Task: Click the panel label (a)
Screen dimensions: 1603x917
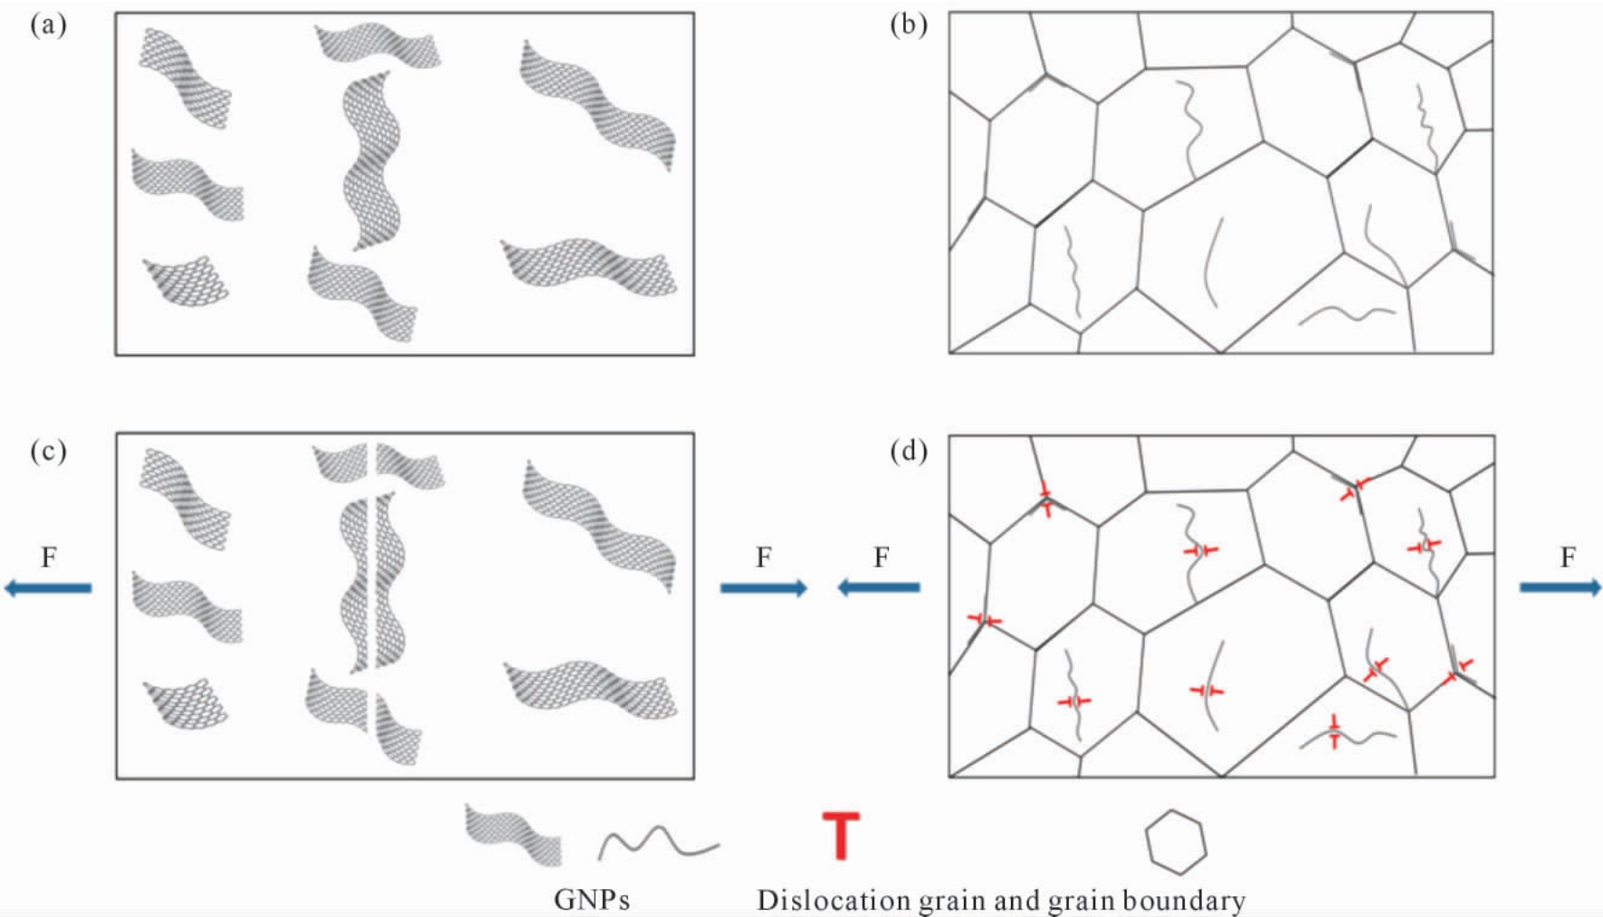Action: click(x=48, y=25)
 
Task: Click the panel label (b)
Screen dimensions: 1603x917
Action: click(x=909, y=25)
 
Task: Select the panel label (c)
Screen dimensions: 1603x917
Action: click(x=48, y=450)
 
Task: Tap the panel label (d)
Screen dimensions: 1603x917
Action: click(x=909, y=450)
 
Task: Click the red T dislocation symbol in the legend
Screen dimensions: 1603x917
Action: click(x=841, y=836)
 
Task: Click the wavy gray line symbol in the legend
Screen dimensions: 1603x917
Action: click(x=658, y=843)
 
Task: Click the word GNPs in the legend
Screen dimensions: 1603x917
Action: click(x=592, y=900)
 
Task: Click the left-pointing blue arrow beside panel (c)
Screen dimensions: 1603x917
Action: click(x=48, y=588)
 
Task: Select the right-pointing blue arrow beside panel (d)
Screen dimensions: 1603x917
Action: click(x=1560, y=588)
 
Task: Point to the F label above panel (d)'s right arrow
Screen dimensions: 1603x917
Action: click(x=1568, y=558)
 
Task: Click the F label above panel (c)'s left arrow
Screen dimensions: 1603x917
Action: click(x=49, y=558)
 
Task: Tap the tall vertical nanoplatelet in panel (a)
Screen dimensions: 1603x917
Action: click(x=372, y=161)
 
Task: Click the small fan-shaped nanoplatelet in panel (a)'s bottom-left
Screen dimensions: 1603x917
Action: click(x=186, y=282)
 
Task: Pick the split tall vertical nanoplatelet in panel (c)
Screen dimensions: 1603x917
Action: click(x=372, y=582)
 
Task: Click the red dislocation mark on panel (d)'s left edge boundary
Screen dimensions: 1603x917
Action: click(x=984, y=620)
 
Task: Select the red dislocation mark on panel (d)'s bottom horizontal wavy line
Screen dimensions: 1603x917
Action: click(x=1334, y=731)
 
